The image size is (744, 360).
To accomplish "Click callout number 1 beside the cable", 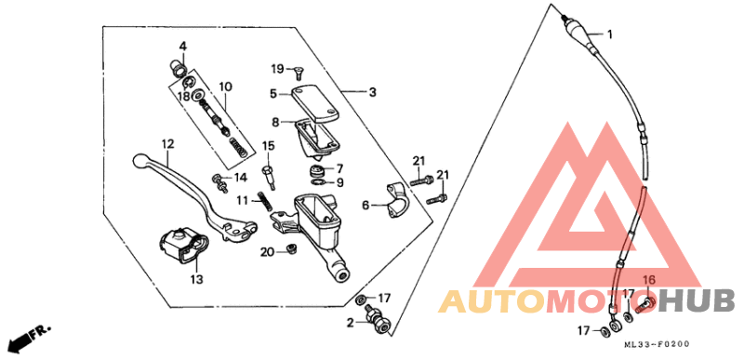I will click(x=611, y=34).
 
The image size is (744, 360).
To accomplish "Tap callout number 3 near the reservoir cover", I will click(x=372, y=92).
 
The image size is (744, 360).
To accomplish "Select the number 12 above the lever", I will click(x=167, y=144).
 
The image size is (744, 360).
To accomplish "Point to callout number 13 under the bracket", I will click(x=196, y=279).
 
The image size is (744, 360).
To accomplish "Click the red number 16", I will click(x=649, y=280).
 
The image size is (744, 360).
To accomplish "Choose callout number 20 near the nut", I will click(x=266, y=251).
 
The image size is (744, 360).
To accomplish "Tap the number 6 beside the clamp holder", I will click(x=366, y=205).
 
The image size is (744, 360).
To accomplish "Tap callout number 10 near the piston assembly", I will click(x=225, y=87).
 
